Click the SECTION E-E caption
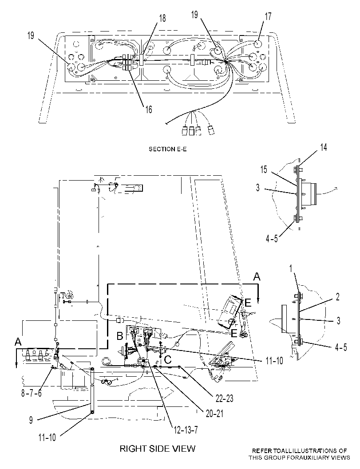tap(168, 149)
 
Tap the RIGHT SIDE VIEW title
tap(158, 449)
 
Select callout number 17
tap(268, 16)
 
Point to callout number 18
tap(162, 18)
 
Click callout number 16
tap(149, 110)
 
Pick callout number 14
tap(324, 147)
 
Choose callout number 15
tap(263, 169)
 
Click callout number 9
tap(31, 420)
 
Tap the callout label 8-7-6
tap(32, 393)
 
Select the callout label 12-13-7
tap(186, 430)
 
